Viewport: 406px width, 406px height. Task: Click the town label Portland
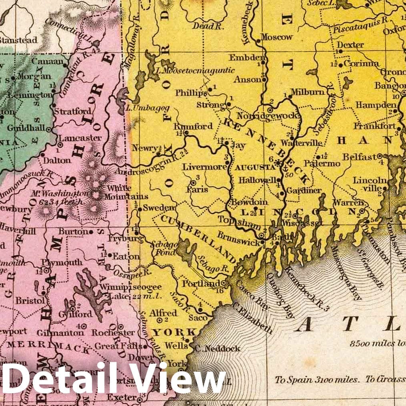click(195, 283)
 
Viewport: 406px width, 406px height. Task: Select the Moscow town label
click(277, 37)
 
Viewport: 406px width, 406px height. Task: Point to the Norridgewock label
click(267, 116)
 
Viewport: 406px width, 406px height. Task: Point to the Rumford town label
click(193, 127)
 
